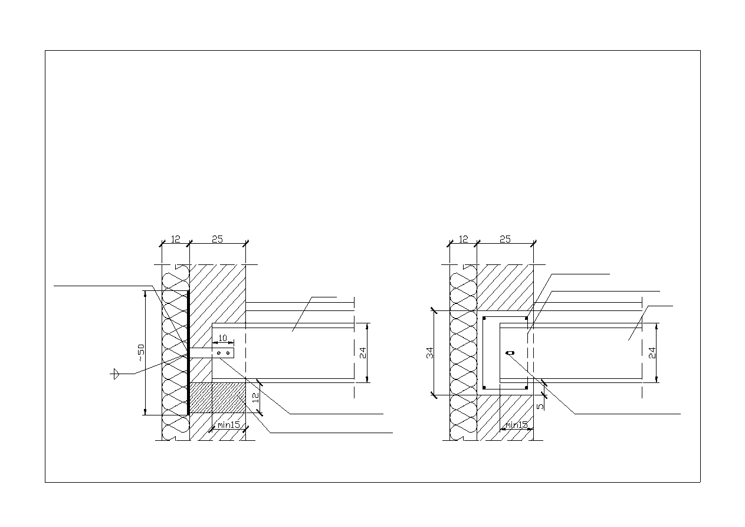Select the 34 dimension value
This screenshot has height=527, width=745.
point(430,353)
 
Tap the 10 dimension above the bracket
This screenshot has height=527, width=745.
point(222,338)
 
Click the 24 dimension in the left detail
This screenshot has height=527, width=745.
point(363,353)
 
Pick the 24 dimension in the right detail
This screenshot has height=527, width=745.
point(652,353)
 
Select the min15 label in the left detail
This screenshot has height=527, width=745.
point(228,424)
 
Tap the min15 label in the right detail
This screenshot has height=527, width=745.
point(517,424)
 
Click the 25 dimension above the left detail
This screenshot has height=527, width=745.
point(217,239)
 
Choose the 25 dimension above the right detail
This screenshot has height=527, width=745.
point(505,239)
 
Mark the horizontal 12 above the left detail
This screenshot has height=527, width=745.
point(175,239)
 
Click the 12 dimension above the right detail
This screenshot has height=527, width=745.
point(463,239)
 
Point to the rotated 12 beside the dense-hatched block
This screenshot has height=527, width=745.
point(255,398)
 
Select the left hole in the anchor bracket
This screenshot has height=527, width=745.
point(219,353)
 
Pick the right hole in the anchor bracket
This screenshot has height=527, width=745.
point(228,353)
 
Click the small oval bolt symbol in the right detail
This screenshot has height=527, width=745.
point(510,353)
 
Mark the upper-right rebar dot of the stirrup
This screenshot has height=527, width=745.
point(526,319)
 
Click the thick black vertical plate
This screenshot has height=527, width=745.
point(188,352)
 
